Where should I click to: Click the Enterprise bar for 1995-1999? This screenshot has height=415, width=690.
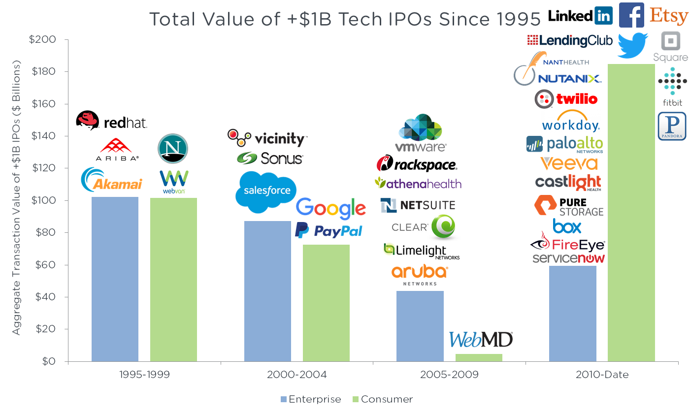click(115, 279)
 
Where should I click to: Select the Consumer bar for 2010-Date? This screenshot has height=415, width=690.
click(631, 213)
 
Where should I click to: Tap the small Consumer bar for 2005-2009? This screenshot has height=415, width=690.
click(479, 357)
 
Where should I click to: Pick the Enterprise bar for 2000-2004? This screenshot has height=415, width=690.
click(267, 291)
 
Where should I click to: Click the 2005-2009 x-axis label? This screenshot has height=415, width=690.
click(449, 375)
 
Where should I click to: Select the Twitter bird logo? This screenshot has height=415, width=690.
click(633, 45)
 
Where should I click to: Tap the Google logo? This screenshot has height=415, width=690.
click(331, 208)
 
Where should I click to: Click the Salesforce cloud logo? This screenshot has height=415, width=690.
click(266, 191)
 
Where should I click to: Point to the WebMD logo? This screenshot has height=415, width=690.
click(481, 340)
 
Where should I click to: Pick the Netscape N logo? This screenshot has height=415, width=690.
click(173, 148)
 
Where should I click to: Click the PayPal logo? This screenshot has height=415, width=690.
click(329, 231)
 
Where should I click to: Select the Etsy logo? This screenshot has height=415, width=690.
click(668, 16)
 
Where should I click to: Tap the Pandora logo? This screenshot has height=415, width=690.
click(672, 126)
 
